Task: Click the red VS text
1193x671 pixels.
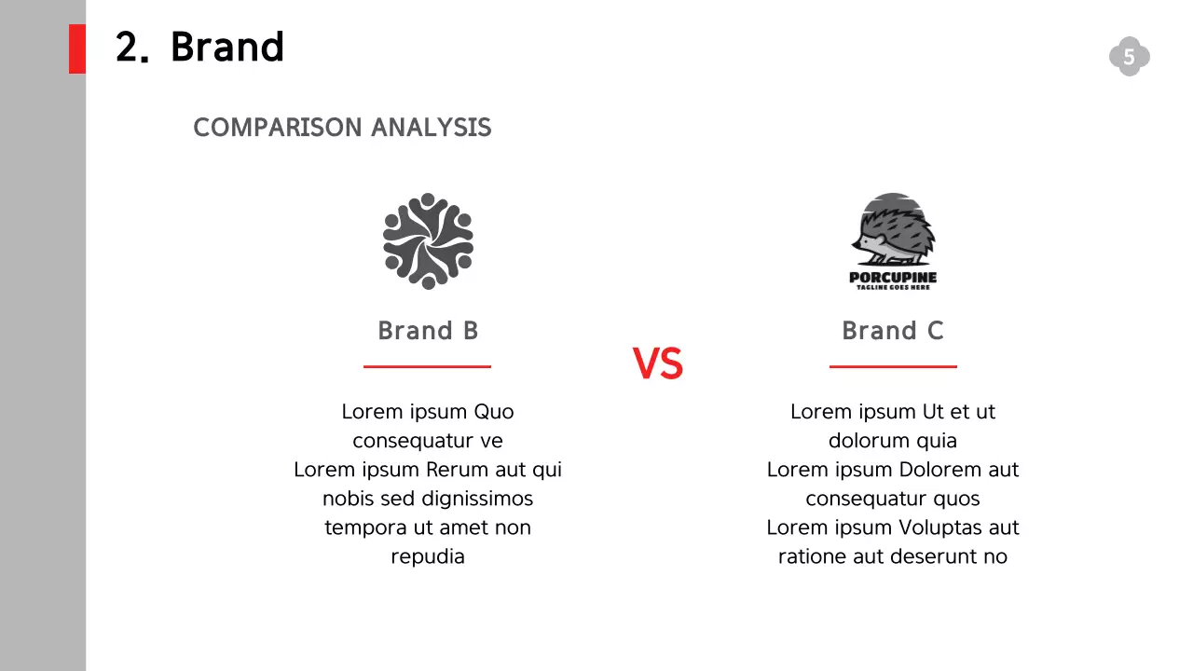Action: [x=658, y=363]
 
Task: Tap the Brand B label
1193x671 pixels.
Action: [x=428, y=331]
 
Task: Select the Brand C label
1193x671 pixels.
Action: [x=892, y=331]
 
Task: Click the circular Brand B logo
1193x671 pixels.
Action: [x=428, y=241]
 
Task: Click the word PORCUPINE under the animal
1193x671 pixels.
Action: [x=892, y=277]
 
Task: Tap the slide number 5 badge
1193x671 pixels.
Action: [x=1129, y=57]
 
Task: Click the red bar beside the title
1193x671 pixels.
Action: [x=77, y=48]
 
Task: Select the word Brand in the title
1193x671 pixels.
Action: [x=226, y=47]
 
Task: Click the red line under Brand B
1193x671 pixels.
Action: [x=427, y=367]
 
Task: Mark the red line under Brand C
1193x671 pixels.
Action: [x=892, y=367]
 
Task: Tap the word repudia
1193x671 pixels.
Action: [x=428, y=556]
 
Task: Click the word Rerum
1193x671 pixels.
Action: [x=458, y=470]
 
